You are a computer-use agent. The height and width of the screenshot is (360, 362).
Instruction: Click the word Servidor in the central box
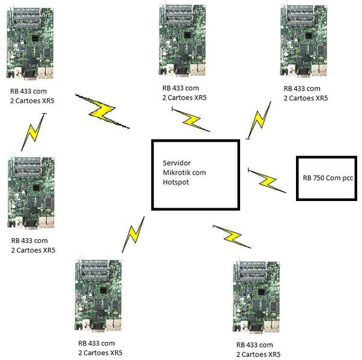175,163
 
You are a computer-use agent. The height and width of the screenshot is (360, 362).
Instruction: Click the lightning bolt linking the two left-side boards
33,133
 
